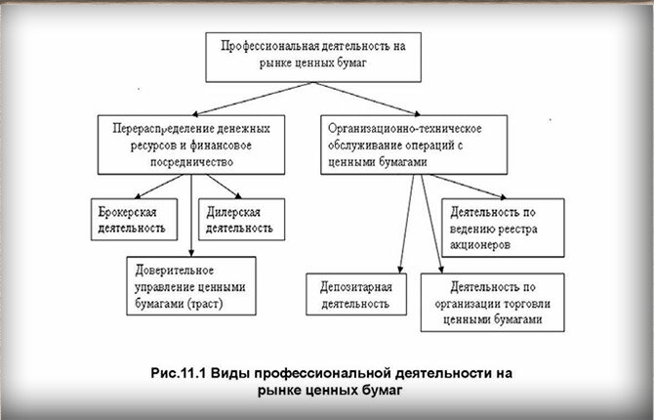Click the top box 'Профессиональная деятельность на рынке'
tap(313, 58)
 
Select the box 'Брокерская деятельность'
tap(135, 219)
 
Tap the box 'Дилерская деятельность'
tap(242, 219)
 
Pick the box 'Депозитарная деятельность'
tap(356, 294)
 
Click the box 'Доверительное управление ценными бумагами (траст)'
tap(191, 286)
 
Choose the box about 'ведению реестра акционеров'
tap(503, 228)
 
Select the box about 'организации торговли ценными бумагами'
tap(493, 303)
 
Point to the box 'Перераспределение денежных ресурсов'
tap(191, 145)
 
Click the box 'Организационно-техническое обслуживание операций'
tap(414, 145)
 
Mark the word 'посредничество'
tap(191, 162)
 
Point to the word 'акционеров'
tap(479, 244)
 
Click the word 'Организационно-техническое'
tap(405, 129)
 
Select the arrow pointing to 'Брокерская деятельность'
tap(159, 187)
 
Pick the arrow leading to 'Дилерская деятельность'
tap(224, 187)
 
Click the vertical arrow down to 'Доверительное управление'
tap(191, 216)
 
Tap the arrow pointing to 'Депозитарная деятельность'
tap(407, 224)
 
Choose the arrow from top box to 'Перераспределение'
tap(252, 99)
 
